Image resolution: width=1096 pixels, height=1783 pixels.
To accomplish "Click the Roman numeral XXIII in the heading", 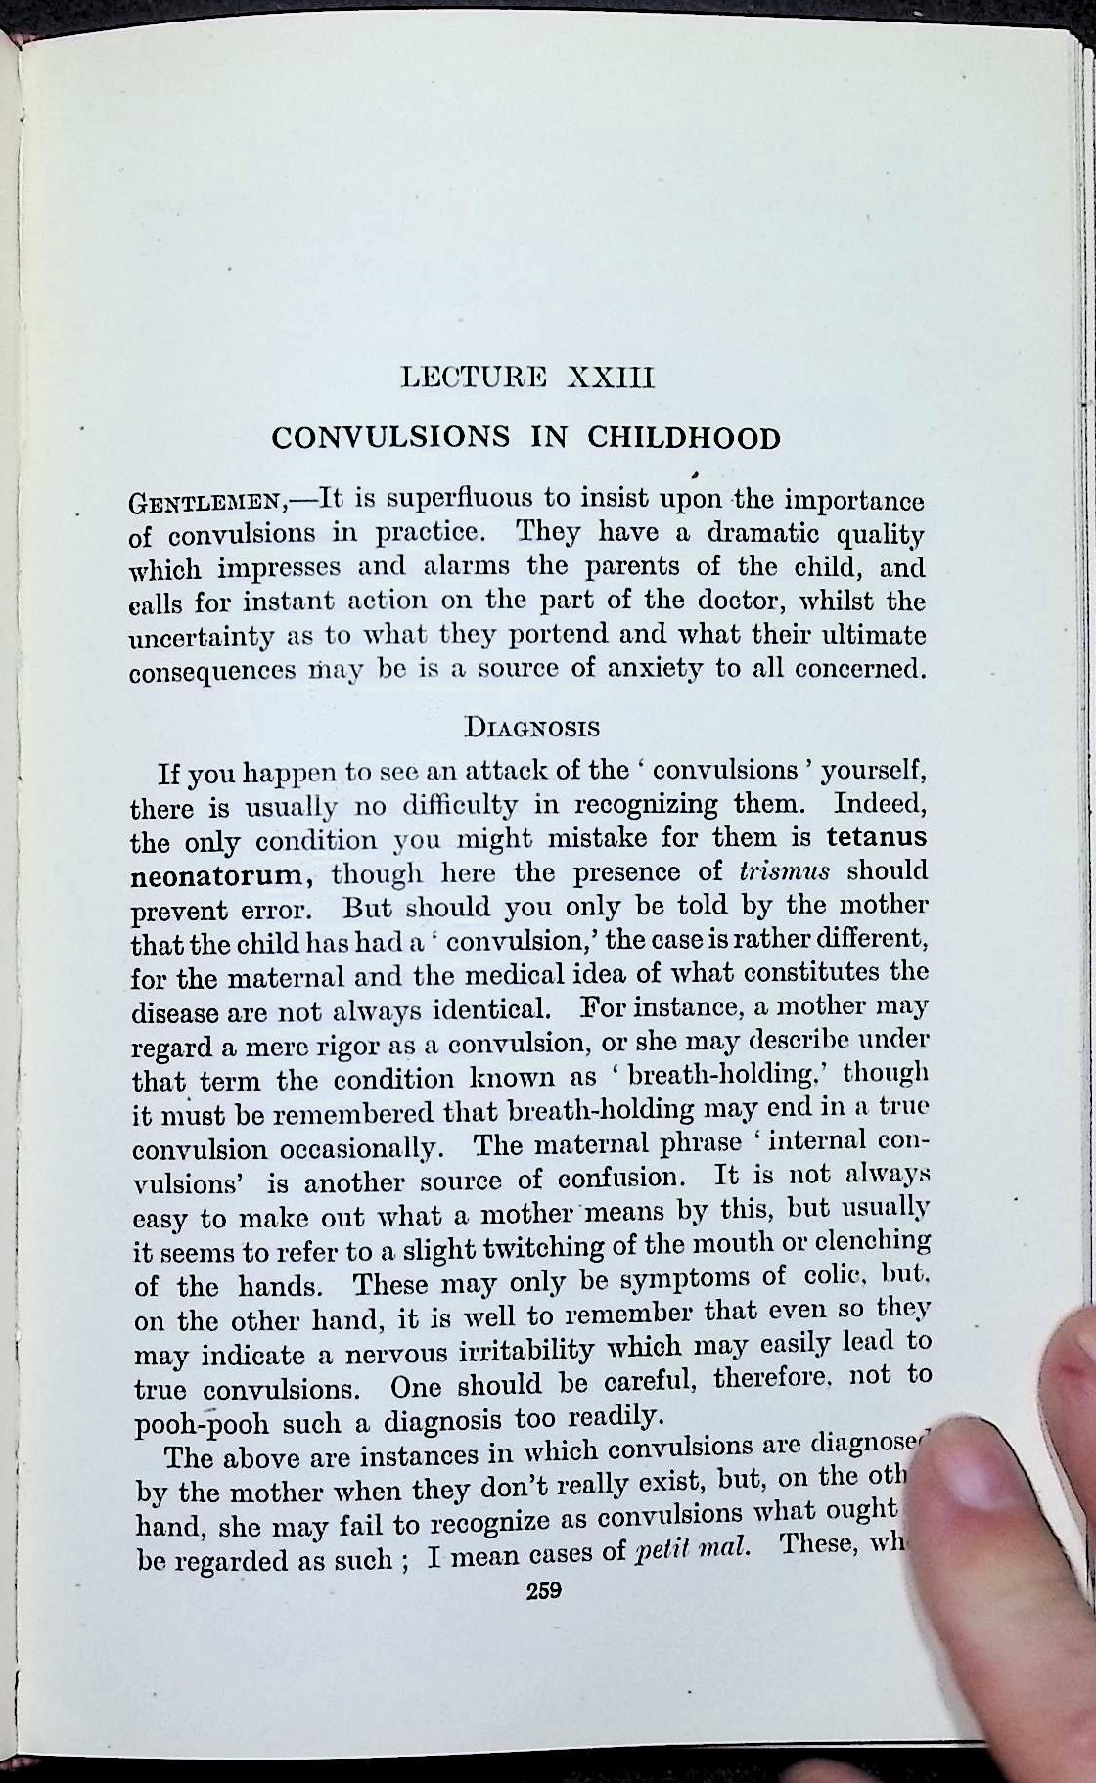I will (610, 378).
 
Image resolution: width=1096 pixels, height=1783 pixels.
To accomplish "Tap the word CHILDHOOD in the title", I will (683, 437).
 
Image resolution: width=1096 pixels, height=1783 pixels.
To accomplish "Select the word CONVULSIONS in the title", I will (390, 437).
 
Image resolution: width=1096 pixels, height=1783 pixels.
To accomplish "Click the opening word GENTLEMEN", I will (206, 505).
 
